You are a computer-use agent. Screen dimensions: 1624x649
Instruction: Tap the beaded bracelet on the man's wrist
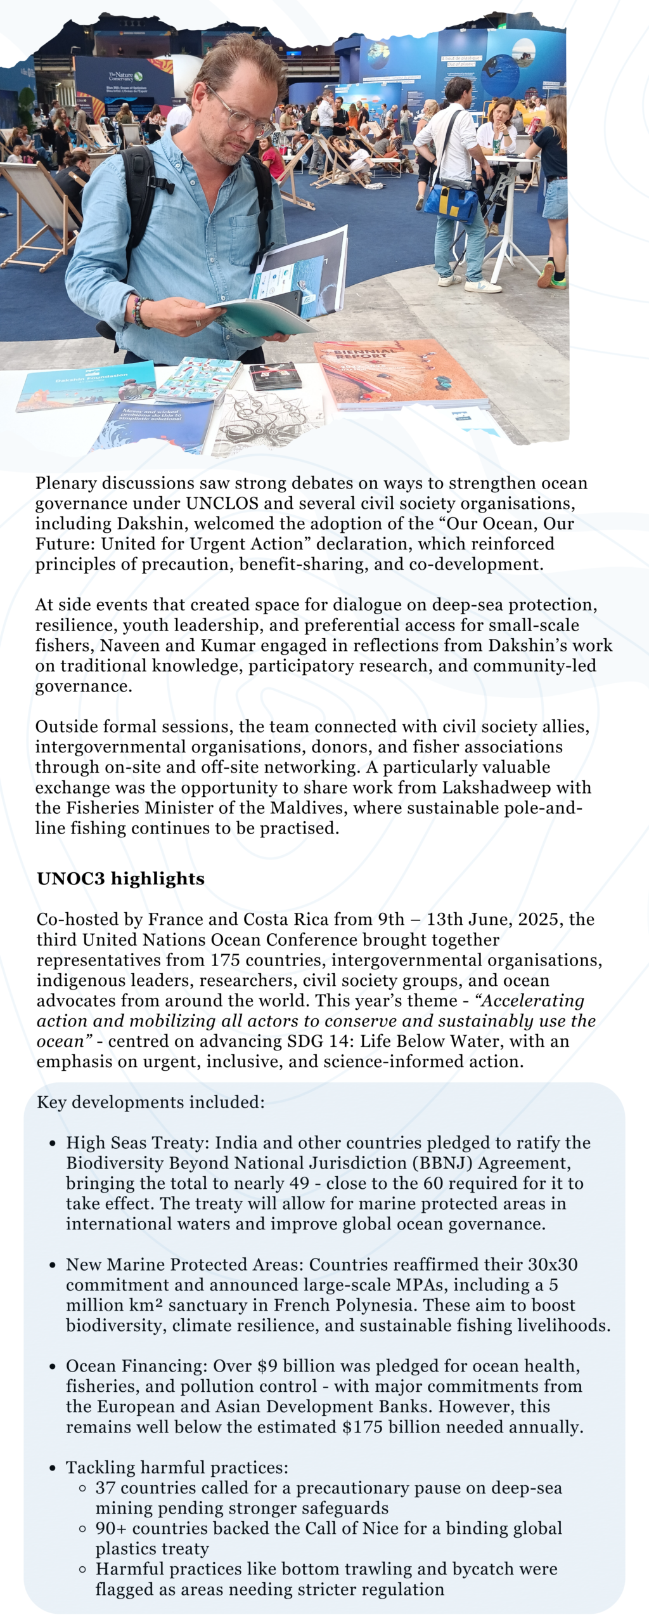139,312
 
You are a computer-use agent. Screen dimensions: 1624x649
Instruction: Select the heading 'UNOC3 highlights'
120,879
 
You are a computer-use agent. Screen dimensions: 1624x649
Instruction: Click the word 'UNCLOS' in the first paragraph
222,504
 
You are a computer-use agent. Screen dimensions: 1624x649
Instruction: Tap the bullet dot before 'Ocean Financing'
53,1366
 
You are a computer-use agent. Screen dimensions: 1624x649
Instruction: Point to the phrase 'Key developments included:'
151,1103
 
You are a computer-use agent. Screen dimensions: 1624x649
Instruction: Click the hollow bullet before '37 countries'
82,1488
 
